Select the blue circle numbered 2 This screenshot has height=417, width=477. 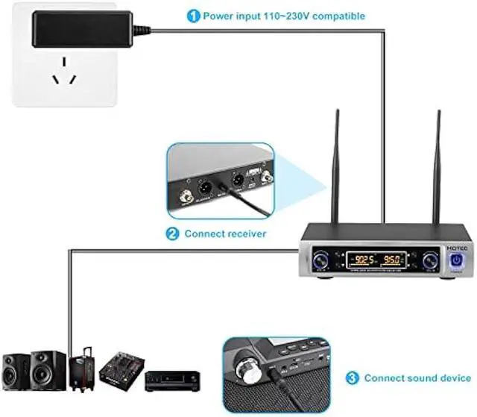(172, 233)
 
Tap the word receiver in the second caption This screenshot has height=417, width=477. (244, 233)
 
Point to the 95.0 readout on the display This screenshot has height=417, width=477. (392, 261)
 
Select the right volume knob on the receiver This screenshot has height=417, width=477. (432, 261)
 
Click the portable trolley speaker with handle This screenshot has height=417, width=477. (82, 370)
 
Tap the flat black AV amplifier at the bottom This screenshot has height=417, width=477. (172, 381)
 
